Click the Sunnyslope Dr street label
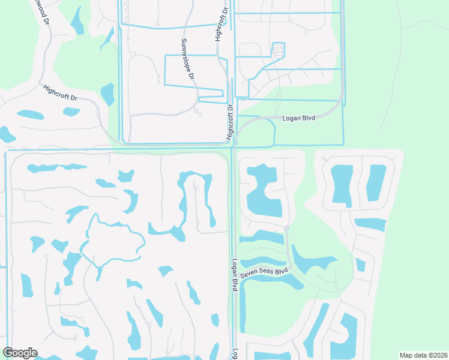[x=188, y=60]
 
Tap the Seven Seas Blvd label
[x=265, y=273]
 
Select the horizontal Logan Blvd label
[x=298, y=118]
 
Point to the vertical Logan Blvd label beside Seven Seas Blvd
[x=235, y=276]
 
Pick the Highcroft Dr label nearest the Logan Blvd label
[x=229, y=123]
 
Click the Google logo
[x=20, y=353]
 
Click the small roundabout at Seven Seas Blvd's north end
[x=287, y=229]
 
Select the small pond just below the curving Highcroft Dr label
[x=71, y=112]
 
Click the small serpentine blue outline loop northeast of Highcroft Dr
[x=277, y=51]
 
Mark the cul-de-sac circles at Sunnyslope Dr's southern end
[x=197, y=112]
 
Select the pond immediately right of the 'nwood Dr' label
[x=77, y=20]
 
